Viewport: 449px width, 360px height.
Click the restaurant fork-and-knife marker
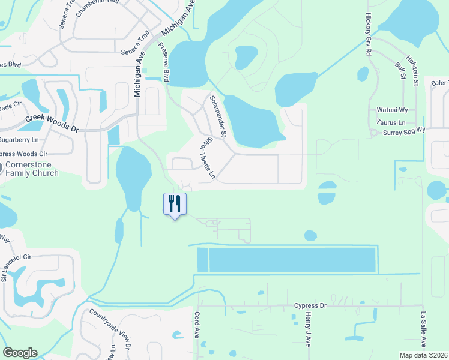coord(175,204)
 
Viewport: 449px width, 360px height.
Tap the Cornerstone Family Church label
coord(32,169)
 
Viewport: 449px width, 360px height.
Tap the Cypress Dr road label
coord(310,305)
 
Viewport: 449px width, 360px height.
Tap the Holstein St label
coord(412,70)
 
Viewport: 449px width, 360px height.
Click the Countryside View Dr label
coord(109,328)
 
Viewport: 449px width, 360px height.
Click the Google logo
coord(20,353)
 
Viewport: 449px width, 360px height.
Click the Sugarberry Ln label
coord(19,140)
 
